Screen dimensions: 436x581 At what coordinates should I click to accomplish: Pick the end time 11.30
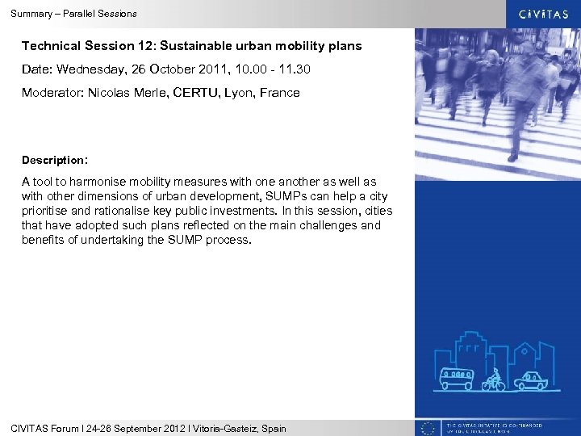coord(295,70)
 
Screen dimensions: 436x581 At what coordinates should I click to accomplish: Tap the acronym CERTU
coord(190,93)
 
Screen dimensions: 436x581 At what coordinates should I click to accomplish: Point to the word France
coord(279,93)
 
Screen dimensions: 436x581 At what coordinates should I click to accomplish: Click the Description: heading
coord(54,160)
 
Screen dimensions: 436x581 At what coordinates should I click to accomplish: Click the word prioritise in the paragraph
coord(46,212)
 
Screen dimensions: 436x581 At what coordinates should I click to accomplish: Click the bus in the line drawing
coord(458,379)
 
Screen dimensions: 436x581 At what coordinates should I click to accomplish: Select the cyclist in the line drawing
coord(493,379)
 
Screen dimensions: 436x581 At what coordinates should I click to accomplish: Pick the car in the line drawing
coord(531,379)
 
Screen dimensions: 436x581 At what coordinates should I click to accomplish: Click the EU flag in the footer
coord(428,428)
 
